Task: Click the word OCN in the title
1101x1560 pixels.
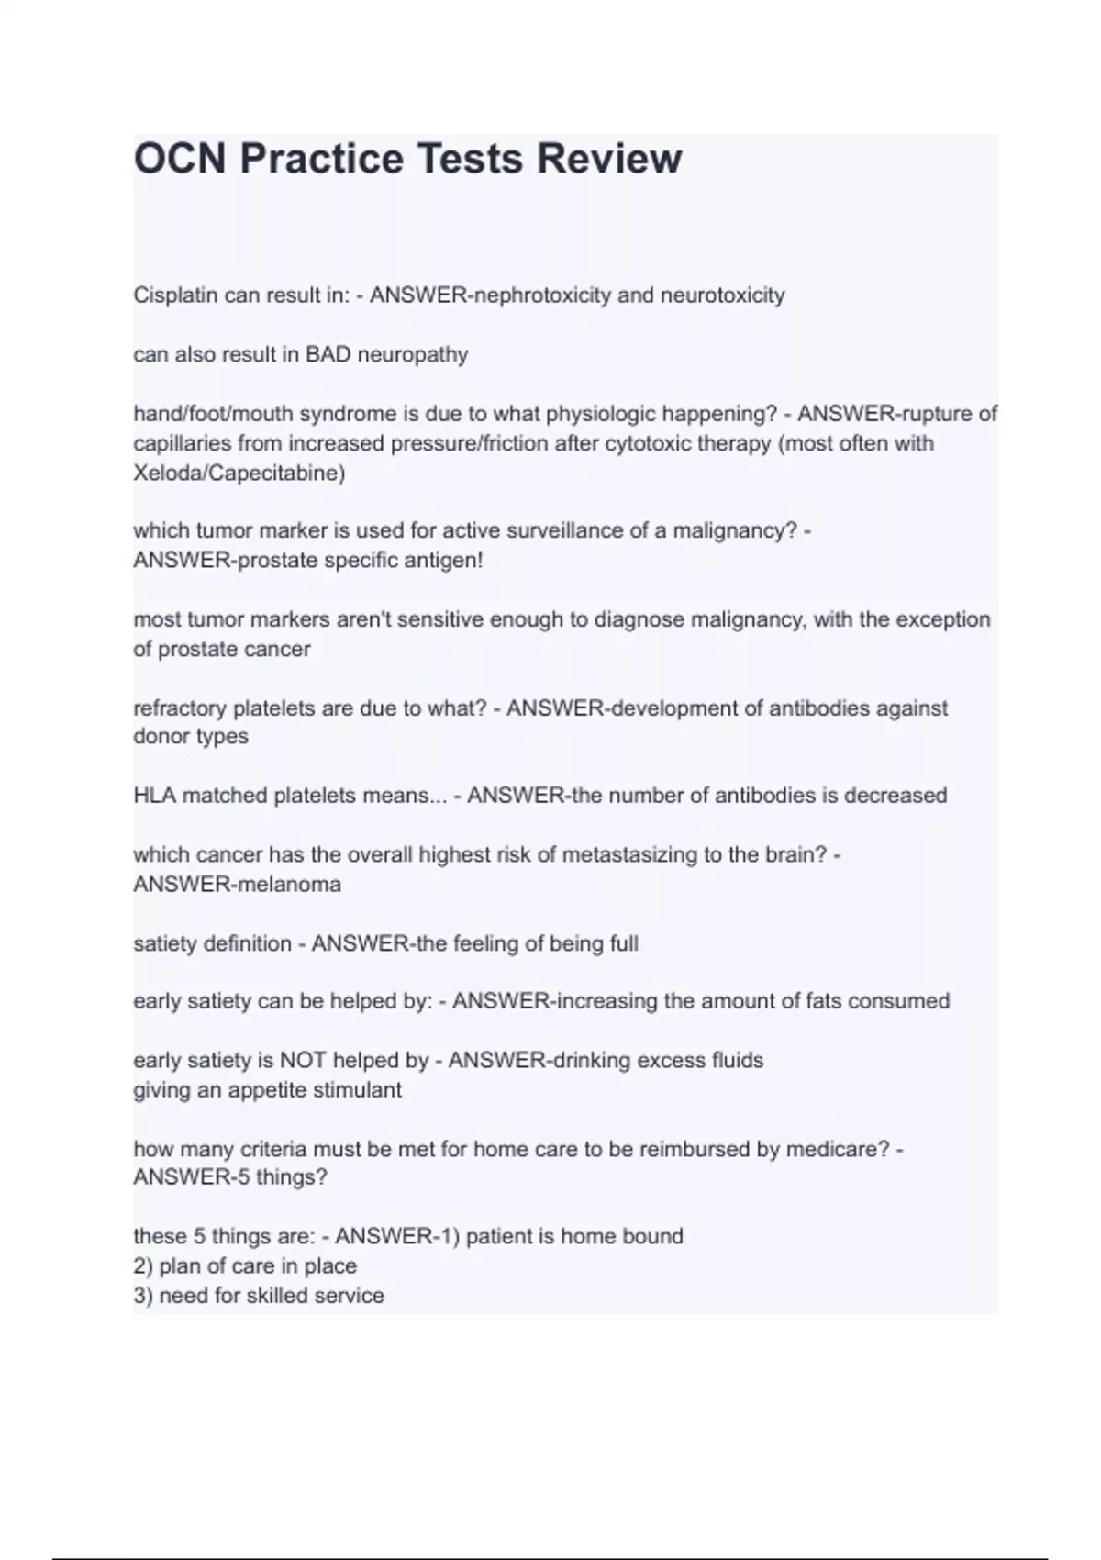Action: click(x=179, y=159)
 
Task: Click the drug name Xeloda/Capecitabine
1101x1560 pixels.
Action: click(x=239, y=474)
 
